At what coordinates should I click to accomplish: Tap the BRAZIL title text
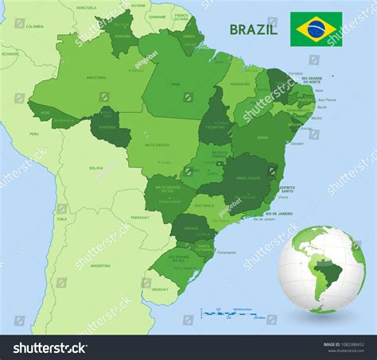point(253,29)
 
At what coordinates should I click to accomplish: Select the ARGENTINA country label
point(100,265)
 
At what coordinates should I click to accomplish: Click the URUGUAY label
point(160,289)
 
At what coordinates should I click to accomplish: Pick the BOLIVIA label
point(96,168)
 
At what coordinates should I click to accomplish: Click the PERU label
point(33,134)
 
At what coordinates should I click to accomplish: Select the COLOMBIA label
point(34,26)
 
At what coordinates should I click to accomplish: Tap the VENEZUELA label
point(87,7)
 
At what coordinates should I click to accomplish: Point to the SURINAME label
point(157,16)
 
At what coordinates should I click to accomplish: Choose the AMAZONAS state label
point(95,77)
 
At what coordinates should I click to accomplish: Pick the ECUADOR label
point(9,54)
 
